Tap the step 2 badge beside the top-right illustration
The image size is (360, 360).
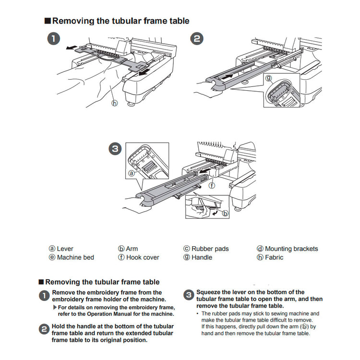197,39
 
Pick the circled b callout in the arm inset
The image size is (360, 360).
225,213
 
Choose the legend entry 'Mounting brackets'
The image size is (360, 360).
291,249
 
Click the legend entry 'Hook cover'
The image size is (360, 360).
142,257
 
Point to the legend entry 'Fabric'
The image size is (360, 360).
274,257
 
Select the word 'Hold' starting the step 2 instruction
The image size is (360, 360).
60,326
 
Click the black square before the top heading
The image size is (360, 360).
47,21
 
